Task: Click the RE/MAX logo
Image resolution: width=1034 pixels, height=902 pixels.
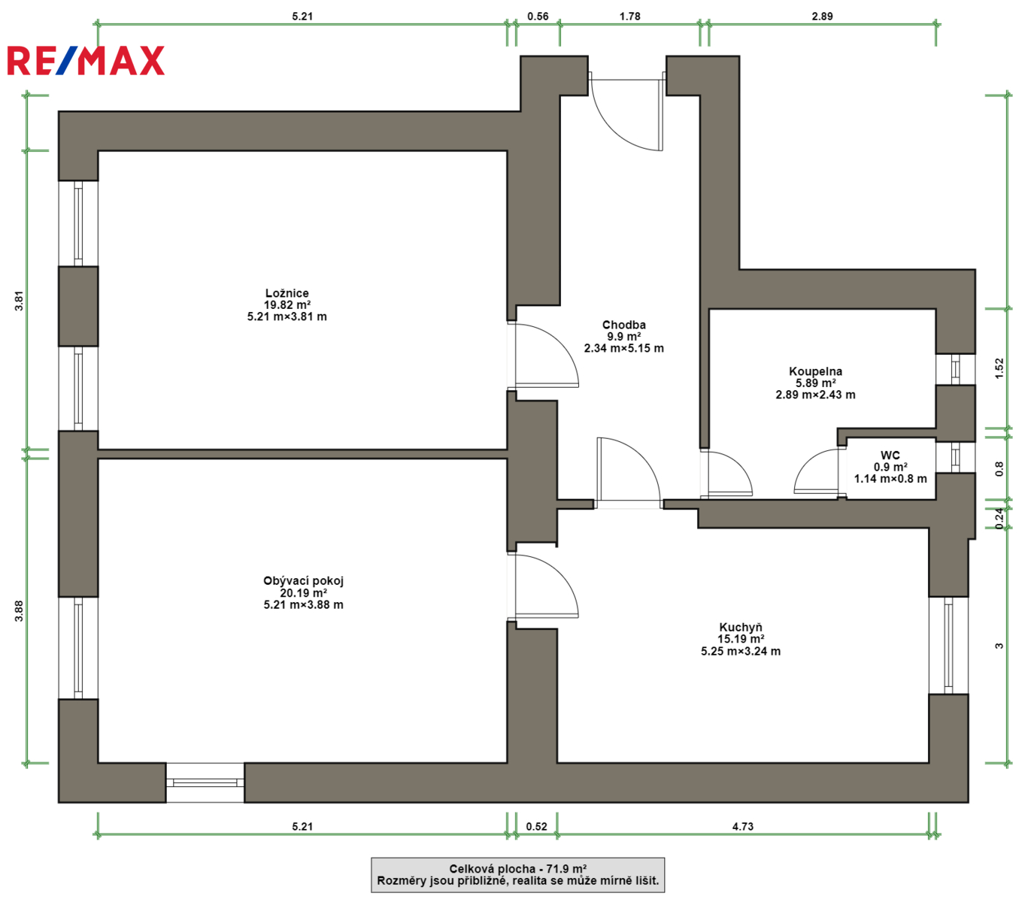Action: [x=86, y=61]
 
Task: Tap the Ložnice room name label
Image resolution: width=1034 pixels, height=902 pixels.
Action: [x=287, y=293]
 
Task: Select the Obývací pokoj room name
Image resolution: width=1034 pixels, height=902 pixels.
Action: [x=303, y=581]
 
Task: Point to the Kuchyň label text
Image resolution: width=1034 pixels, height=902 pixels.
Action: [x=741, y=627]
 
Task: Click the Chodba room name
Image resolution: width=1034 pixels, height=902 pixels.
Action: [x=624, y=325]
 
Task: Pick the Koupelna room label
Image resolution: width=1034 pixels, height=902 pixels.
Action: [x=816, y=371]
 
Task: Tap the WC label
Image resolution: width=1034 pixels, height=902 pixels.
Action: [x=890, y=455]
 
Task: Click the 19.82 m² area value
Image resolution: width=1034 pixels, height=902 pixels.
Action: [x=287, y=304]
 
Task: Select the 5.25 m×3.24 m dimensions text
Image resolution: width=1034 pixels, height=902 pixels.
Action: [x=741, y=651]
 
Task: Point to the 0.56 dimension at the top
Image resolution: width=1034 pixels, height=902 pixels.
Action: [x=538, y=17]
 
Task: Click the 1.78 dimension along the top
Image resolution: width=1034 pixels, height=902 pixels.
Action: [x=630, y=17]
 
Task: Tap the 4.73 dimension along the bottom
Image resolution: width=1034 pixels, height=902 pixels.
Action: [x=743, y=826]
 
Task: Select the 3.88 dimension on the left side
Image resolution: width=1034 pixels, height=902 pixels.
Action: [x=19, y=610]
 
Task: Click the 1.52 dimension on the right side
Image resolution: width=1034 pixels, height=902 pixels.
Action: [x=999, y=368]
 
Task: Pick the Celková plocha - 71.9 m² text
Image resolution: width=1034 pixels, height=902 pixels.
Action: [x=518, y=869]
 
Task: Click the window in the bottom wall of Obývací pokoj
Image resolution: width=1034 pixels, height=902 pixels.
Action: [x=205, y=782]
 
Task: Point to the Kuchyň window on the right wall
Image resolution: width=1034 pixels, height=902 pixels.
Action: [x=948, y=646]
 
